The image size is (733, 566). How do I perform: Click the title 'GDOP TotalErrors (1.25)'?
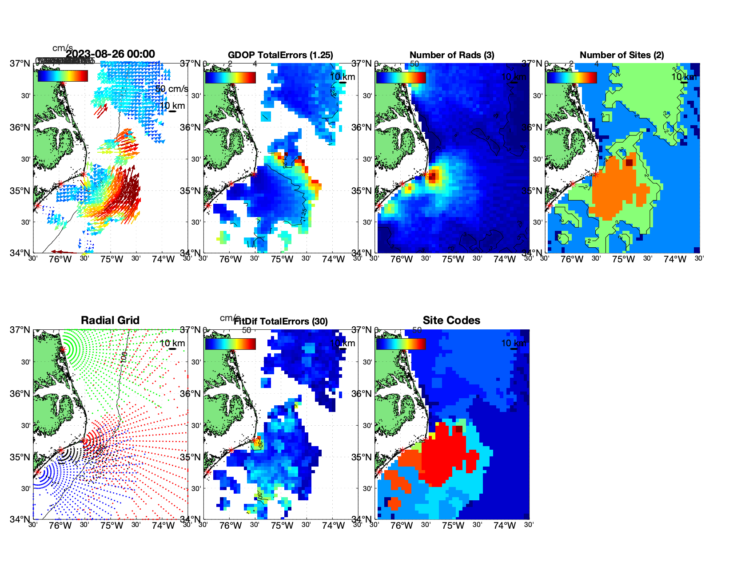280,55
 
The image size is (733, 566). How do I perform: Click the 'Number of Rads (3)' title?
452,55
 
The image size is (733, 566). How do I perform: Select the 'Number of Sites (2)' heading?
621,55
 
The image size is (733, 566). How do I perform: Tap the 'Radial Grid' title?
110,321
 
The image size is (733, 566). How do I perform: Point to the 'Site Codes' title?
451,321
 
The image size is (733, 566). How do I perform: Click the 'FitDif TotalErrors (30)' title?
281,321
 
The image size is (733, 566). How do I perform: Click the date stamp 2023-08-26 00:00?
111,54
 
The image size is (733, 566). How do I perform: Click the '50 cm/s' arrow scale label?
172,89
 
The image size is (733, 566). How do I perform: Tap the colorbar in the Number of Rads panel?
401,77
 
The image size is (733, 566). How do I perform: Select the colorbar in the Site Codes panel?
401,344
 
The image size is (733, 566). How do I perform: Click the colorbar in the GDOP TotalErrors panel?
230,77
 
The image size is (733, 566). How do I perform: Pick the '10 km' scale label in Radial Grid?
172,343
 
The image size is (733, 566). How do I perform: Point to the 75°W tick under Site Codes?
453,526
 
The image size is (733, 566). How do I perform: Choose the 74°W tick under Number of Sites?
675,260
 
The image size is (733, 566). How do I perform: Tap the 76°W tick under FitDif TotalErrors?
231,526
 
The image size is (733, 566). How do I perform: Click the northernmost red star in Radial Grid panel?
63,350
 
